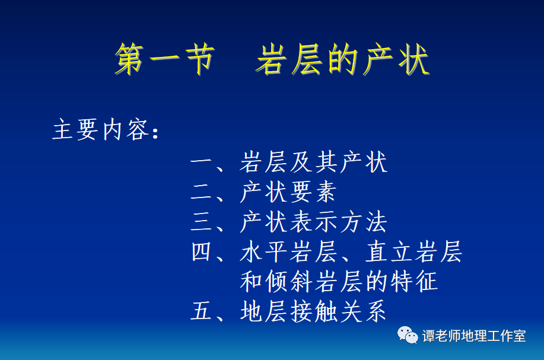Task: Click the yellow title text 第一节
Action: [165, 59]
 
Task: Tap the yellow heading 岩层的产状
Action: [343, 59]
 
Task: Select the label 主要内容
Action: [101, 129]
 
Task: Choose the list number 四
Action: [202, 251]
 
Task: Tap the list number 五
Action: [202, 311]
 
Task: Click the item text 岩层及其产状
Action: [313, 162]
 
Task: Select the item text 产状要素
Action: [288, 192]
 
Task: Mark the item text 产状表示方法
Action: [313, 222]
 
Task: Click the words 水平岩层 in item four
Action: [288, 251]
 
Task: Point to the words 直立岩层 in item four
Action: [413, 251]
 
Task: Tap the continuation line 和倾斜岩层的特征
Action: [339, 281]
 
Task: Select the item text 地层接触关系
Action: [313, 311]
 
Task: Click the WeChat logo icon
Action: [408, 335]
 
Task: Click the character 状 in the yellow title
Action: [414, 59]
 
